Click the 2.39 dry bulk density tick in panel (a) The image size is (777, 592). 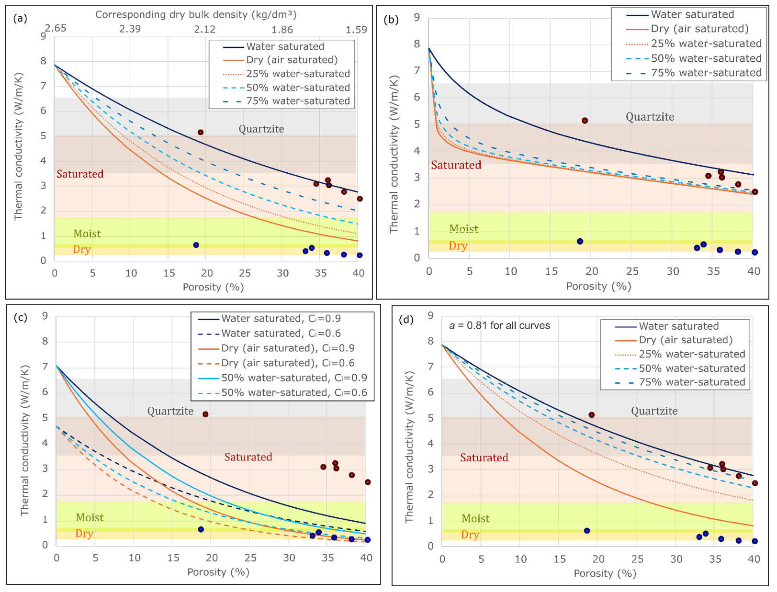click(130, 29)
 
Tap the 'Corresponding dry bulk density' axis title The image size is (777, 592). click(196, 14)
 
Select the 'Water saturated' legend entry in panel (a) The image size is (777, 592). click(285, 46)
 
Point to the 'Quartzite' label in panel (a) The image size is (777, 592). click(261, 129)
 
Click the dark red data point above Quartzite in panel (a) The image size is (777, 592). click(201, 132)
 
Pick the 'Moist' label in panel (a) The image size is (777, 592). click(87, 234)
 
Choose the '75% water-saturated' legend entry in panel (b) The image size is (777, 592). click(706, 73)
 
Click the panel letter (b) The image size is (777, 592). click(392, 20)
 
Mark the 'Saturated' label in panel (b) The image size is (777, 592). click(456, 165)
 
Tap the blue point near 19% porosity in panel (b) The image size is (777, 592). click(580, 241)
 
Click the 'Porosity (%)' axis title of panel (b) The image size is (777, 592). click(598, 286)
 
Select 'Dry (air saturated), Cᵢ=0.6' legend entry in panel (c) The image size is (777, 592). click(288, 363)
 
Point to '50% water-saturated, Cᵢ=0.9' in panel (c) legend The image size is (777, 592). click(294, 378)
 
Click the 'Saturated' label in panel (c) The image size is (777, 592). click(248, 457)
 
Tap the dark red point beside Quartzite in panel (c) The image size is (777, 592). click(205, 414)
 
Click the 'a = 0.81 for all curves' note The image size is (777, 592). click(499, 325)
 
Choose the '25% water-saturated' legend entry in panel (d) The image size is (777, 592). click(692, 354)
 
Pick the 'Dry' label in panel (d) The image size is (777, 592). click(470, 535)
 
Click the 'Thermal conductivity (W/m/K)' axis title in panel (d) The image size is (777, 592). click(409, 447)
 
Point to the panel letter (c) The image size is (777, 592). click(21, 317)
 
